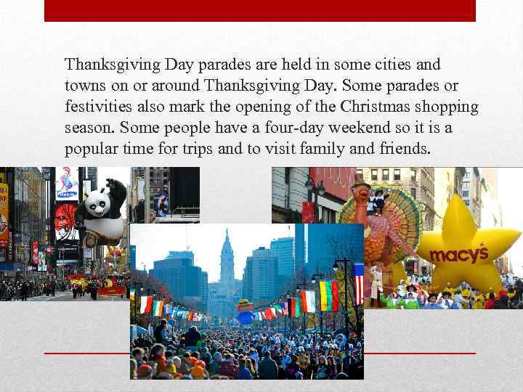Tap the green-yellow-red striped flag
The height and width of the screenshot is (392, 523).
(329, 295)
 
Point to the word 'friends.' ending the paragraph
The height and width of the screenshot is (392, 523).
(406, 149)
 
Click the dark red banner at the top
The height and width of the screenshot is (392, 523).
(259, 10)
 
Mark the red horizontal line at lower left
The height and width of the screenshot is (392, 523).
(87, 352)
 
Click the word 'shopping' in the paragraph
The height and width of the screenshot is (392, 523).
(450, 107)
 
